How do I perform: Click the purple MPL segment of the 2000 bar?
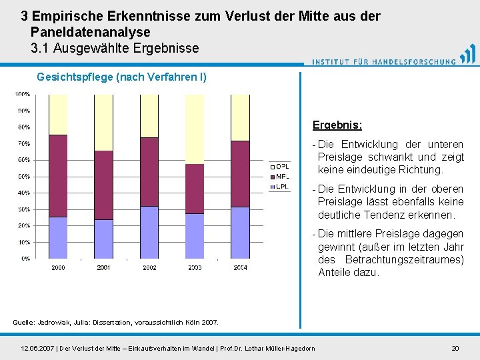click(58, 175)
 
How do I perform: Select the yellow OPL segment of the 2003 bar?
click(194, 129)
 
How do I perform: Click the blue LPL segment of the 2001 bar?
click(103, 239)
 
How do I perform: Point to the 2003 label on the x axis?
click(194, 267)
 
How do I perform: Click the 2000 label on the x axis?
click(58, 267)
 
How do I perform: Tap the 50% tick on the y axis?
click(23, 177)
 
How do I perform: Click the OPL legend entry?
click(279, 165)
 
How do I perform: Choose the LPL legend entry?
click(279, 187)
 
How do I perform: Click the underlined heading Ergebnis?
click(337, 125)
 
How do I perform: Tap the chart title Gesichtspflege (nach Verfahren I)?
click(121, 77)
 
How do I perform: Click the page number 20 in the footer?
click(455, 348)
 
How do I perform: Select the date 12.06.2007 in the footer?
click(38, 348)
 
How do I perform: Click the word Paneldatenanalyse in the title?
click(91, 32)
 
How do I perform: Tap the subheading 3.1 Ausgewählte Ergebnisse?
click(115, 48)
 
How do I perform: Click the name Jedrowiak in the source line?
click(59, 323)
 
